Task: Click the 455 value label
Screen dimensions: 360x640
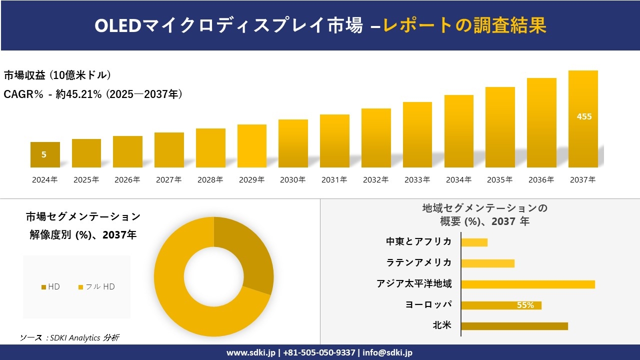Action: point(584,116)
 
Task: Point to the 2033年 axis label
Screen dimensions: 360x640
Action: point(417,180)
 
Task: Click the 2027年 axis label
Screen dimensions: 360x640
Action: point(168,180)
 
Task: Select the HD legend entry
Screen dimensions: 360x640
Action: point(50,286)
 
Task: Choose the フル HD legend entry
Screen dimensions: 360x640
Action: point(96,286)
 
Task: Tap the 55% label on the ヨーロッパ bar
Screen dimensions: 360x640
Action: point(525,305)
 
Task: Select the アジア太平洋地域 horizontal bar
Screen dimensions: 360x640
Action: point(527,284)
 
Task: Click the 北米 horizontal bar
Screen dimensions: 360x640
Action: point(514,326)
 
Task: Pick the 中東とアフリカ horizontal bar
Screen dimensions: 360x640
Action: point(474,242)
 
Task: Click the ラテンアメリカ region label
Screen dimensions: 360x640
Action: point(418,262)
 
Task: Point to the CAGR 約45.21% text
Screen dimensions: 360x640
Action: point(93,94)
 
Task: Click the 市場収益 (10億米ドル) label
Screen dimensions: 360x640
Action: point(57,75)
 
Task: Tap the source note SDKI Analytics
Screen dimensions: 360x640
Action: point(69,337)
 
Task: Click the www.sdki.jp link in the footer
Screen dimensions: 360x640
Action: point(251,352)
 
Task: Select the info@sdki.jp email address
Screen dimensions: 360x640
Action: point(387,352)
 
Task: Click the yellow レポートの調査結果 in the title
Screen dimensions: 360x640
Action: point(464,25)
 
